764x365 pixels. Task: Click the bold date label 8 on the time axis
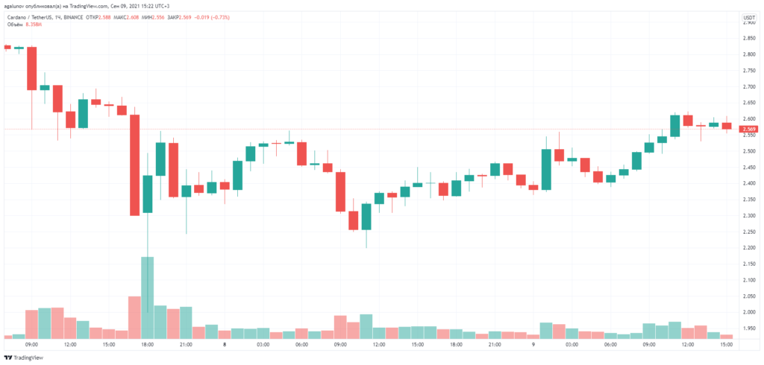(224, 345)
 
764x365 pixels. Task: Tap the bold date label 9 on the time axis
(533, 345)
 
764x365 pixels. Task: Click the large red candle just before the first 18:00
(134, 165)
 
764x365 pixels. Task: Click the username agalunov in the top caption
(16, 6)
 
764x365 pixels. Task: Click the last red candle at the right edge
(726, 126)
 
